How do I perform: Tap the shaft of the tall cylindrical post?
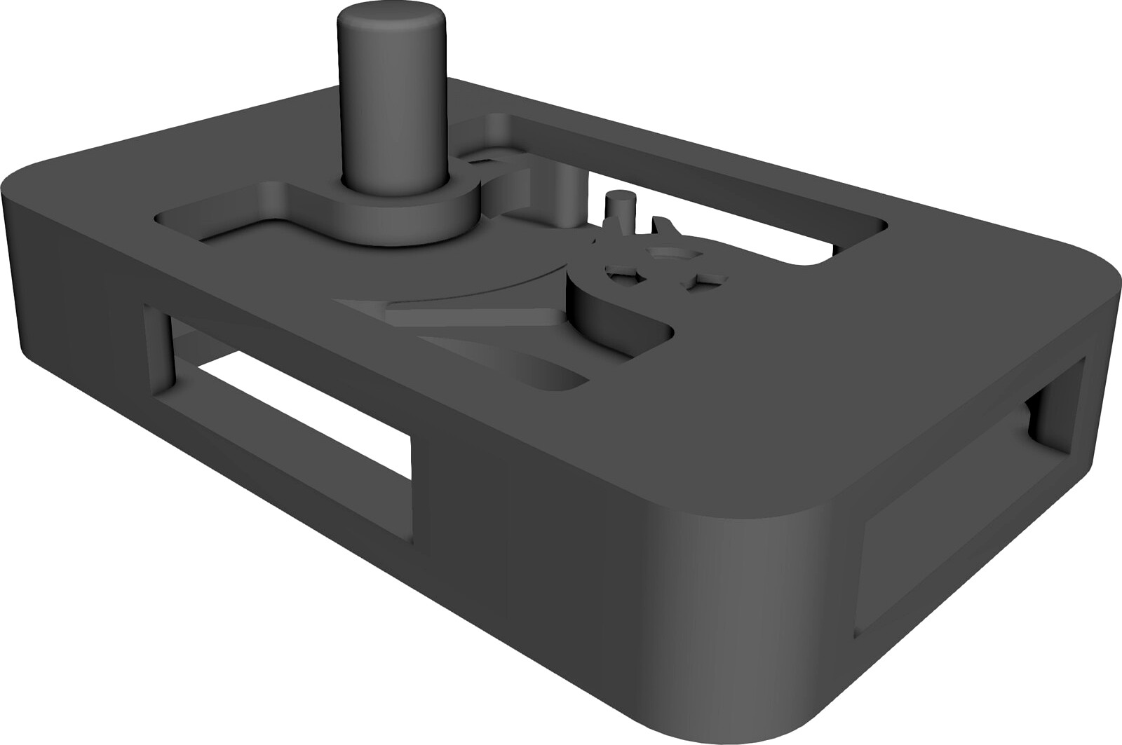coord(393,105)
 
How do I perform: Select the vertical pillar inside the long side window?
coord(158,350)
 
